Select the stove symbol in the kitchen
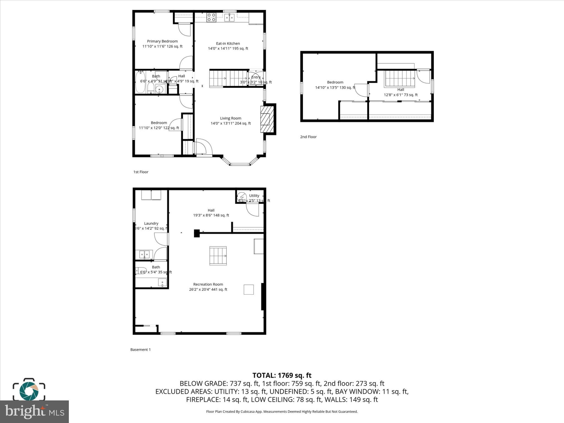click(211, 17)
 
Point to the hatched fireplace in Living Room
click(267, 119)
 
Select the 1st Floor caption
click(141, 172)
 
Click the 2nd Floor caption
click(308, 137)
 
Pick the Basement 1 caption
click(140, 349)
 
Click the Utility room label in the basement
click(254, 196)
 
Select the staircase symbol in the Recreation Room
click(218, 256)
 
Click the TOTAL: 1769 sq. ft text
click(282, 375)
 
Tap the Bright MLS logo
click(34, 412)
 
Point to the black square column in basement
click(197, 233)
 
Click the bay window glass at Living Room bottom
click(240, 164)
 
